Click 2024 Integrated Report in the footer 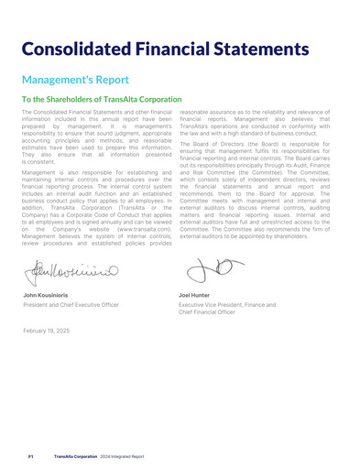[x=125, y=454]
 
